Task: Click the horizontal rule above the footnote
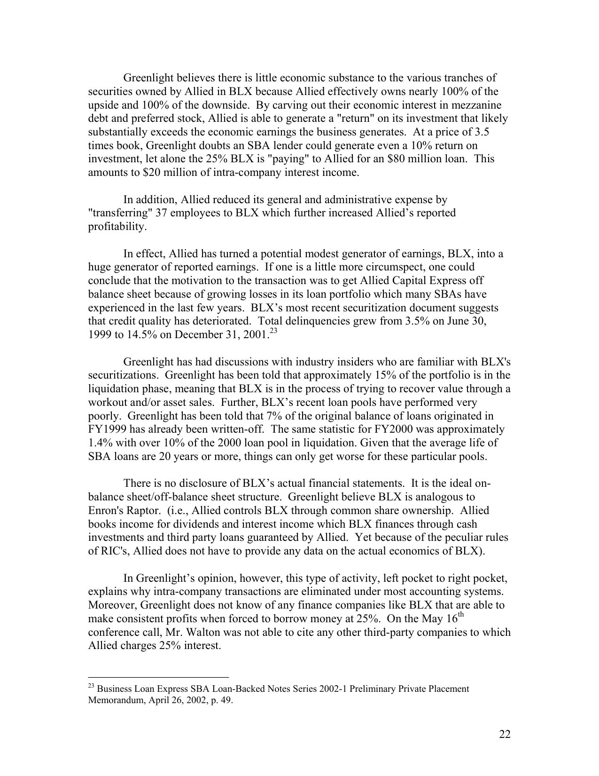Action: pos(158,678)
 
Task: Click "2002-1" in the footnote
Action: pos(332,689)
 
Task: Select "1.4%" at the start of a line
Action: pos(100,443)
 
